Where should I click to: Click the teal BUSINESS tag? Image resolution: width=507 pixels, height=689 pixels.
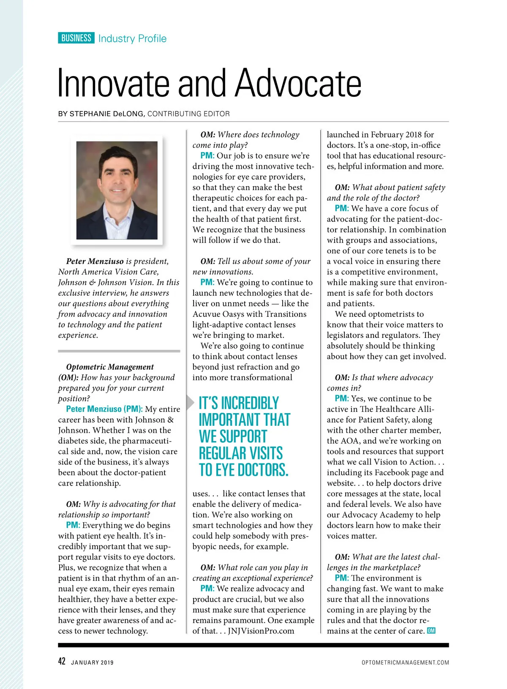click(76, 38)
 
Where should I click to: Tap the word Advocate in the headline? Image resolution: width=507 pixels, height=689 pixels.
click(298, 83)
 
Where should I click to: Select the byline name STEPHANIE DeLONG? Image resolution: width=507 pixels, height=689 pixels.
click(107, 114)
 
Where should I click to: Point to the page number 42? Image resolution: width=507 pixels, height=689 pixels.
click(62, 661)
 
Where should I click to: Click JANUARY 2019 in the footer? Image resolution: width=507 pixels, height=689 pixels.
click(92, 662)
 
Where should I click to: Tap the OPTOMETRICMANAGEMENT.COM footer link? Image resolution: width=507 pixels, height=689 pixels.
click(405, 662)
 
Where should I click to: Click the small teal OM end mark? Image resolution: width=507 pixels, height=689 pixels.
click(431, 631)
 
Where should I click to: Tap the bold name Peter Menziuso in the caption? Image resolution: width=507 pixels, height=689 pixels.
click(95, 261)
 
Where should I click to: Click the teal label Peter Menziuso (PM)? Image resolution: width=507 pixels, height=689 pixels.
click(104, 409)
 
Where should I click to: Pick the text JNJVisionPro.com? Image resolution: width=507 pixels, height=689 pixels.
click(261, 631)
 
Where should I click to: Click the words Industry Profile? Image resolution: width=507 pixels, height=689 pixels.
click(132, 38)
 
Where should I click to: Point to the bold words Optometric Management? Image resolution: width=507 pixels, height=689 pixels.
click(110, 367)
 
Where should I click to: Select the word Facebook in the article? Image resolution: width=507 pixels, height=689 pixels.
click(394, 472)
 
